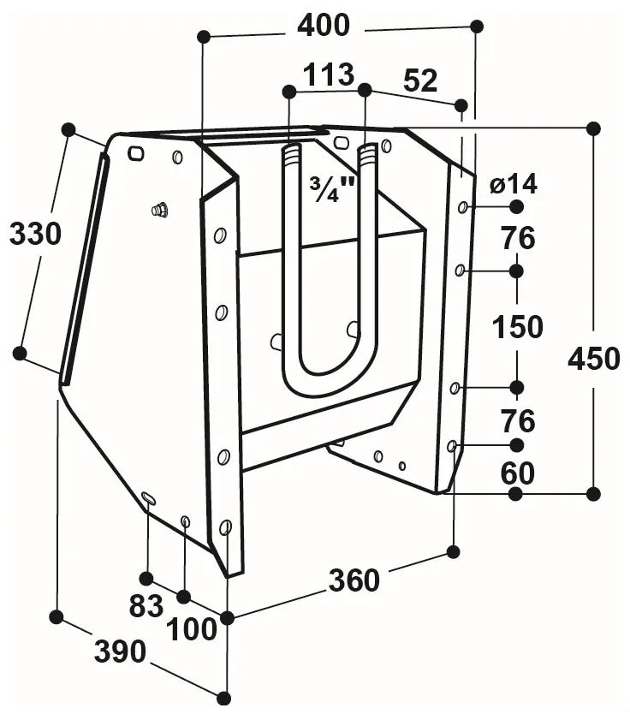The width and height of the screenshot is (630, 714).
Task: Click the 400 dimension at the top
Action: pos(324,26)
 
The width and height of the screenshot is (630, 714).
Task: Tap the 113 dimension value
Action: pos(329,74)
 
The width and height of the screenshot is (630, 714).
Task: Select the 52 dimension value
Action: pos(420,80)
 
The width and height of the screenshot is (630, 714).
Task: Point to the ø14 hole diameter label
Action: pos(514,184)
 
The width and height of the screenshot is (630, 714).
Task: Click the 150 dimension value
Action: pos(518,326)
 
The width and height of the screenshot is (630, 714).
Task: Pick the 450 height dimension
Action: pos(594,358)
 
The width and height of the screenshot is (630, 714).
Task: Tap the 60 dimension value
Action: pos(518,473)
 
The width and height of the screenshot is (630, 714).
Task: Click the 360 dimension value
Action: pos(354,580)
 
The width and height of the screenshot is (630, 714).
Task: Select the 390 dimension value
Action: pos(120,652)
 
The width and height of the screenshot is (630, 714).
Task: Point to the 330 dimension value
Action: pos(35,234)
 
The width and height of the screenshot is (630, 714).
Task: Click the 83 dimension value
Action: pos(146,606)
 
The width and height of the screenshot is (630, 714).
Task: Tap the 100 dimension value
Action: pos(191,629)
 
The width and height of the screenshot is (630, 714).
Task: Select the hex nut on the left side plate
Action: pos(160,210)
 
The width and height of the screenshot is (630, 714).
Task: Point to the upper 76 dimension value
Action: pos(519,239)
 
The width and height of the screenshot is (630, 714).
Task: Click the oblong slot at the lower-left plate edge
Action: pos(148,498)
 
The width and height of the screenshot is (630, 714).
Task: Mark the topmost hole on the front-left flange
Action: pos(220,235)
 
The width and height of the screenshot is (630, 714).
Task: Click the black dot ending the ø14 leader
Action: pos(516,206)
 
